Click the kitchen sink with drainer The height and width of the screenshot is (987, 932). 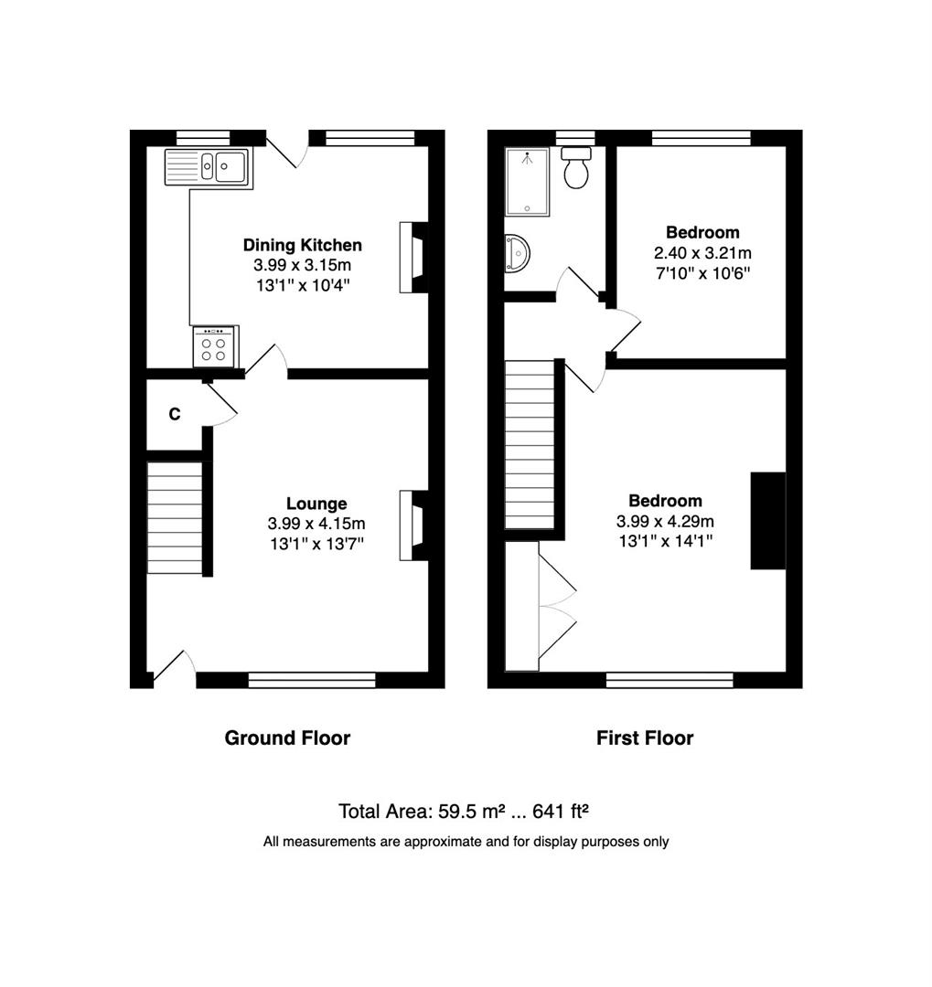(208, 167)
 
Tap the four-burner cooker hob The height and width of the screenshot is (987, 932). (214, 346)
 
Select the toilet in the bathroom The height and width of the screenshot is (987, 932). (576, 167)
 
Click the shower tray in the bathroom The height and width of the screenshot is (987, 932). (528, 182)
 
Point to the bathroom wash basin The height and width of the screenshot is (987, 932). (517, 254)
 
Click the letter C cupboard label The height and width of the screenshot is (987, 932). (175, 414)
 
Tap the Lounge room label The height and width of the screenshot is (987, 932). (316, 504)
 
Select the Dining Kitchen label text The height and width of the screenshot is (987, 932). (303, 245)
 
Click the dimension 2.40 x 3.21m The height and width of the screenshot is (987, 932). (702, 253)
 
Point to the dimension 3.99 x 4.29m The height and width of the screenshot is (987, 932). (666, 521)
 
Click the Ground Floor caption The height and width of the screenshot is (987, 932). (287, 738)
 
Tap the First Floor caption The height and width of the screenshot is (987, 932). (645, 738)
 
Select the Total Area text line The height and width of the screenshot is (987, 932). (463, 812)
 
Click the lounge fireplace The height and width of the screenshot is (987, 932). (414, 525)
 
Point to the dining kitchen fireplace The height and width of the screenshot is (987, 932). (414, 257)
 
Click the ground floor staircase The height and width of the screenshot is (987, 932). (175, 517)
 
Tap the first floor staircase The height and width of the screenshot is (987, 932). (530, 444)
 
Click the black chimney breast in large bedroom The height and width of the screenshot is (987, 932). (768, 521)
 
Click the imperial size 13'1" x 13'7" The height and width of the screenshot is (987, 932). (317, 543)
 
